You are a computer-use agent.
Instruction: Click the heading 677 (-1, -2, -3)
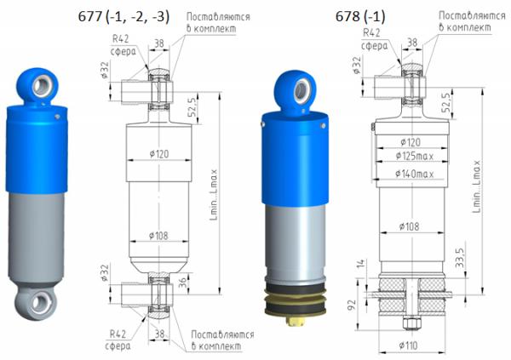[123, 16]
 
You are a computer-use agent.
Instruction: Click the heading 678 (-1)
[360, 16]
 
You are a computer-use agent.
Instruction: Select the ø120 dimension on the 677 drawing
[159, 154]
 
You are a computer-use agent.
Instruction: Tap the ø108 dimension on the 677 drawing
[158, 235]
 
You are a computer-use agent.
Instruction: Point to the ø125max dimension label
[414, 157]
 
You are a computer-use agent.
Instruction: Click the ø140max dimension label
[414, 174]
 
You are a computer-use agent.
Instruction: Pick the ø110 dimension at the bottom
[408, 345]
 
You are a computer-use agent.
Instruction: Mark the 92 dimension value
[352, 305]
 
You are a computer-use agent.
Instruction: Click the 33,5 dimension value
[459, 258]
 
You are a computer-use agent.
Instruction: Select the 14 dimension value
[361, 264]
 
